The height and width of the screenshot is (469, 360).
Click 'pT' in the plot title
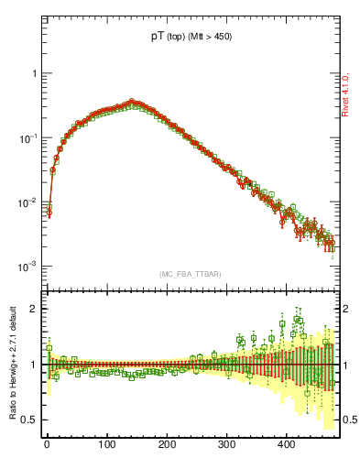point(158,38)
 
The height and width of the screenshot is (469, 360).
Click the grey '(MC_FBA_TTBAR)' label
point(190,274)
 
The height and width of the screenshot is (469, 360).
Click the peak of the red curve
point(132,102)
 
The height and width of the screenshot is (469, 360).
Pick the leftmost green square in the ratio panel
point(49,349)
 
